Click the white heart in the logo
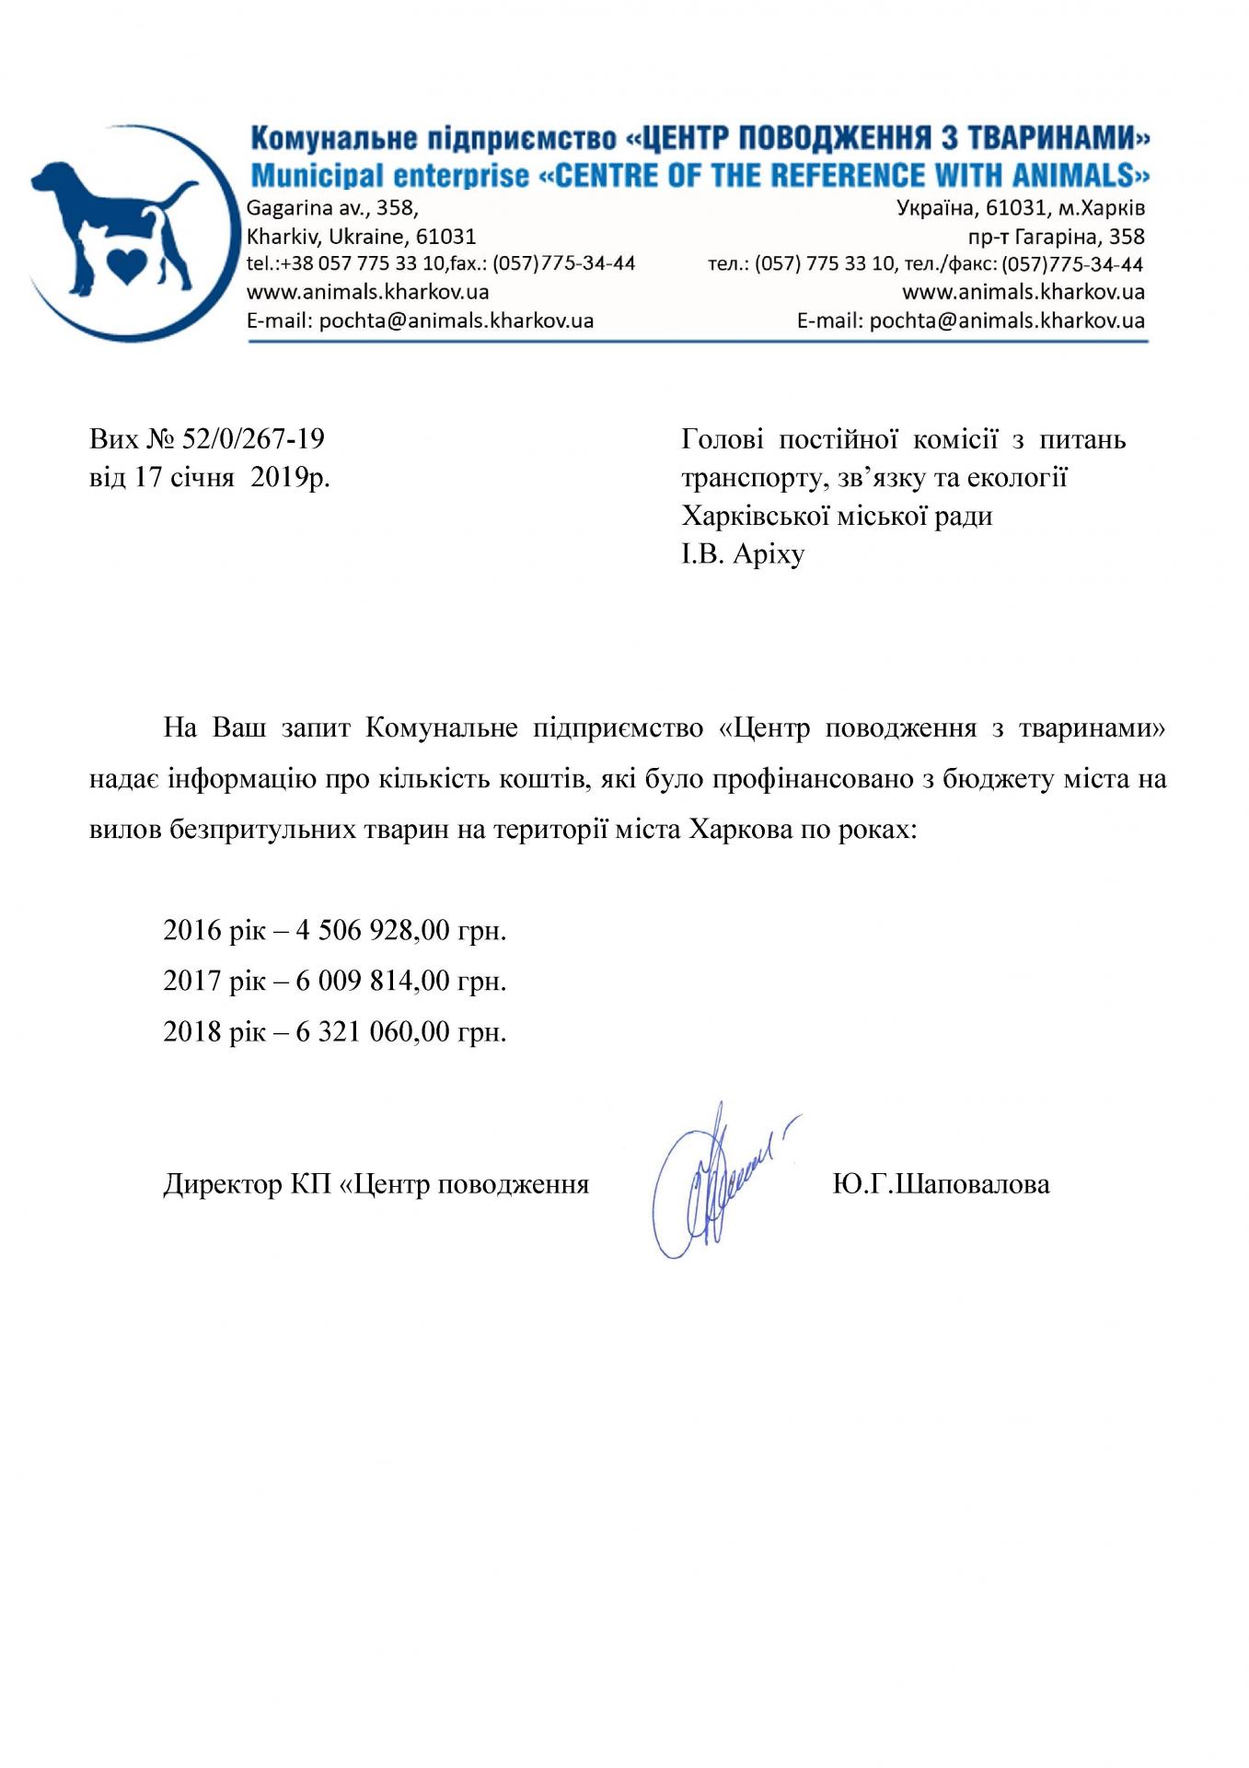(125, 264)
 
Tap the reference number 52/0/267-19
(253, 438)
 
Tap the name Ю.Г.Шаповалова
(941, 1183)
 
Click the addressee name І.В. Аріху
(743, 554)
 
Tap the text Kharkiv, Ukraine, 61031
(361, 237)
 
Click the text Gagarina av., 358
(332, 208)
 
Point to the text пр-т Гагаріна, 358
(1056, 237)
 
